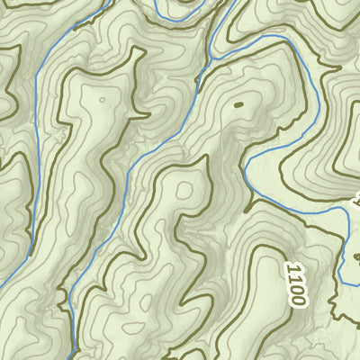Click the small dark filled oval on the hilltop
(x=238, y=105)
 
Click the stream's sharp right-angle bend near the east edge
(x=347, y=208)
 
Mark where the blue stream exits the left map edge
(x=2, y=285)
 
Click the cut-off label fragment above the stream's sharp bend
(x=356, y=196)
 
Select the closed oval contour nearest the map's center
(x=184, y=190)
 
